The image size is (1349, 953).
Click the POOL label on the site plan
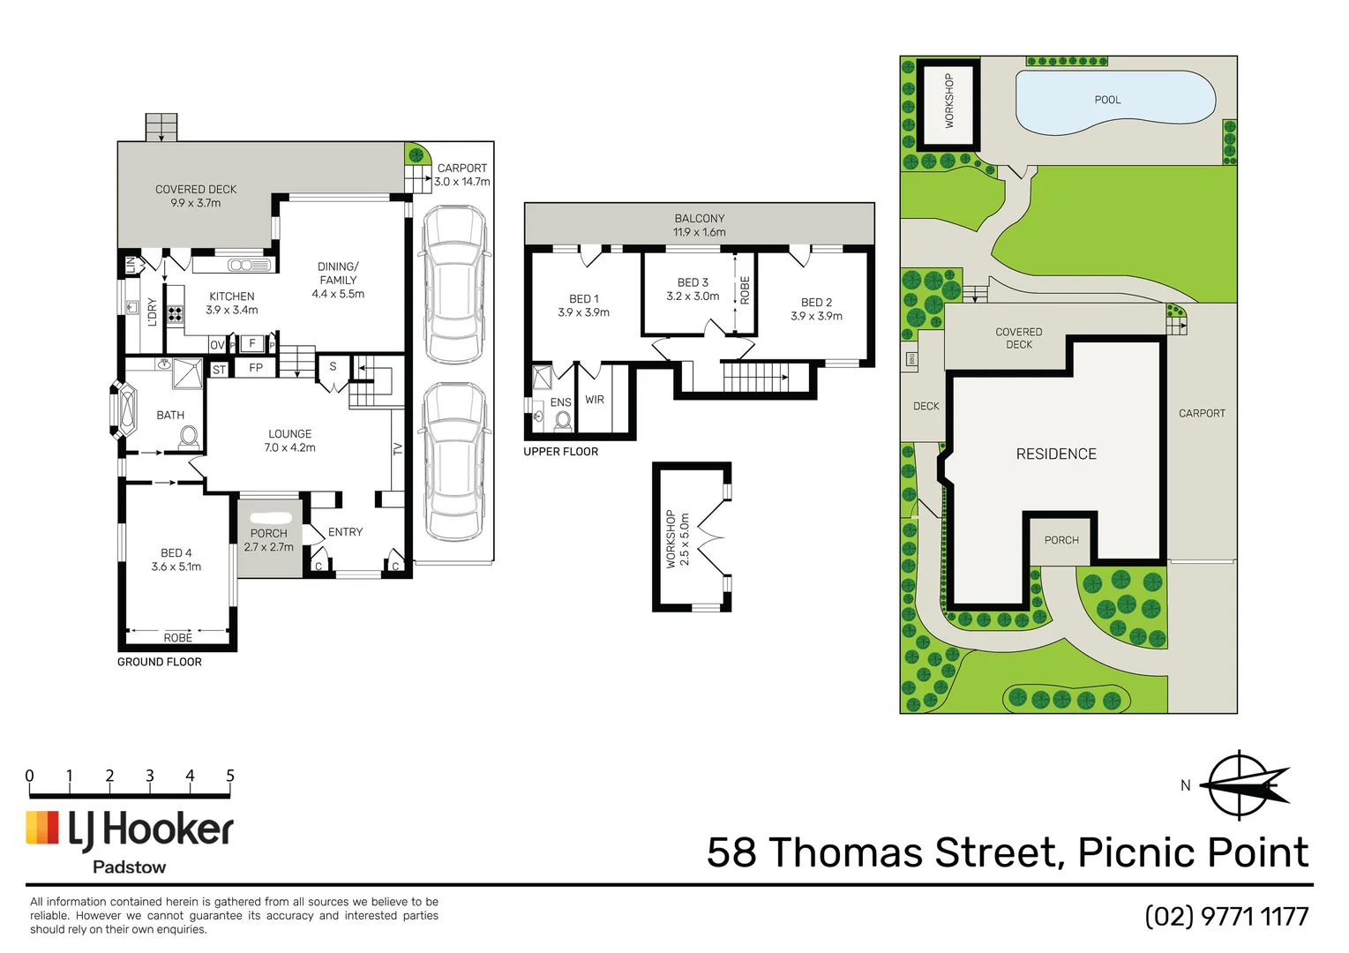[1107, 100]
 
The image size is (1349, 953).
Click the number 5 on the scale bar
[230, 776]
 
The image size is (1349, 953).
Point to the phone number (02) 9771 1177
[1226, 916]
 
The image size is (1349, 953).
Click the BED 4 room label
[176, 559]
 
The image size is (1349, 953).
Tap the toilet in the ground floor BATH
[189, 437]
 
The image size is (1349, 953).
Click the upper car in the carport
[454, 284]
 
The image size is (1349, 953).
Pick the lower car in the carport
[454, 461]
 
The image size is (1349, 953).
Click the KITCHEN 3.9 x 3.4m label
[232, 303]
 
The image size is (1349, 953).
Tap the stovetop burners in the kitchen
[175, 313]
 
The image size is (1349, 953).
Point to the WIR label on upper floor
[595, 400]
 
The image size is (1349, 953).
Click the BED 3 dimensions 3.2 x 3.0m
[693, 296]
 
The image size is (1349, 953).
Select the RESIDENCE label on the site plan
[1056, 454]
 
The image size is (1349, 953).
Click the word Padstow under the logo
[130, 867]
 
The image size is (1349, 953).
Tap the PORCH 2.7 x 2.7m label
[269, 540]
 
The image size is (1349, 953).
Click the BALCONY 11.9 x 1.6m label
[700, 225]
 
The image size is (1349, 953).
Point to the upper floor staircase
[754, 377]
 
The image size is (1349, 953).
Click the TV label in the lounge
[398, 448]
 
